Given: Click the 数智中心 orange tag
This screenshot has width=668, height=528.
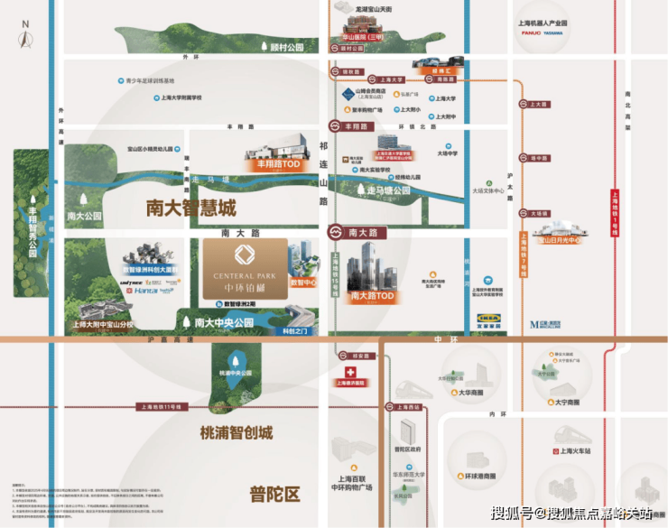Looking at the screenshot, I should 303,283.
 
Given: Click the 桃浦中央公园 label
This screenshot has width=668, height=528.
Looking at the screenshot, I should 236,372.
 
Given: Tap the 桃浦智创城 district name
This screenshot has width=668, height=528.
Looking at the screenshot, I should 236,433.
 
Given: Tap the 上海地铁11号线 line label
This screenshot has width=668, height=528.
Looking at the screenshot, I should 161,407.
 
